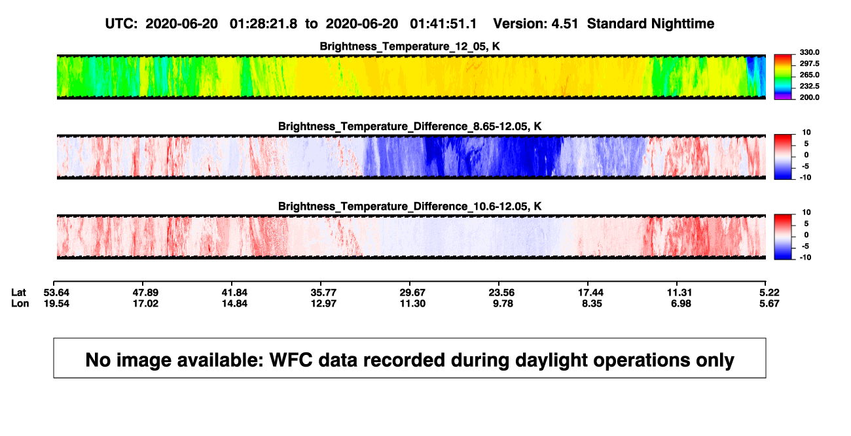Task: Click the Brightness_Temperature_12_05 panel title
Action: (x=410, y=46)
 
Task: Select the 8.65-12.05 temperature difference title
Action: (x=410, y=126)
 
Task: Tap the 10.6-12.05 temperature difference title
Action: (x=410, y=207)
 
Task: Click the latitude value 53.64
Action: (x=56, y=293)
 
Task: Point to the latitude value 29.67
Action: (x=412, y=293)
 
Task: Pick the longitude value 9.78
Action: (x=503, y=303)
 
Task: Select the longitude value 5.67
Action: (x=769, y=303)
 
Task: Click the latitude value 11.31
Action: (x=679, y=293)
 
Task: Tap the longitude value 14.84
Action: (x=234, y=303)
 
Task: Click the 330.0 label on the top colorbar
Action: (x=809, y=52)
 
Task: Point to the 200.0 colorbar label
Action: (x=809, y=97)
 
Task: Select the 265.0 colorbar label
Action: (x=809, y=75)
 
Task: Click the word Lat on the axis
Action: (x=18, y=293)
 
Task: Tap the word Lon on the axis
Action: (x=20, y=303)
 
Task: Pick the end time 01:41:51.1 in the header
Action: (x=443, y=24)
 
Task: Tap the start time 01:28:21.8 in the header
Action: (x=263, y=24)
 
